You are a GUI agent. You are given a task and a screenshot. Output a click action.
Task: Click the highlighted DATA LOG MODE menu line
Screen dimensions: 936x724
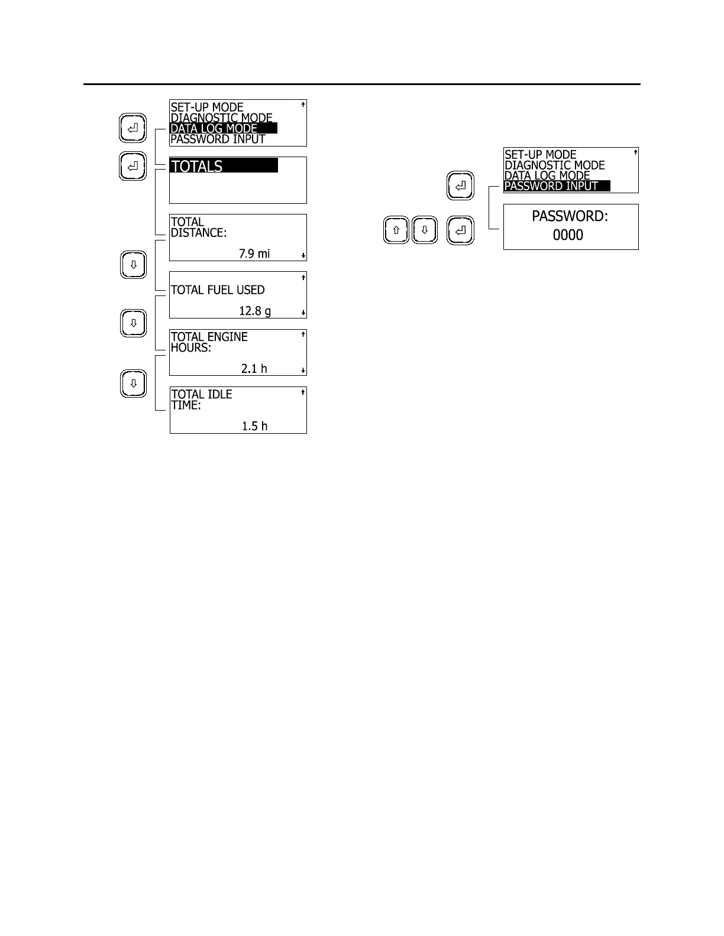pyautogui.click(x=223, y=128)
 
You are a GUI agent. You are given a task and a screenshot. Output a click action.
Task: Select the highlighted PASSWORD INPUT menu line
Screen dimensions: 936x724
pyautogui.click(x=556, y=186)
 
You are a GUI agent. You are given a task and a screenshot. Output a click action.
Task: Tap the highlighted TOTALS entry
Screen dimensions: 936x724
pyautogui.click(x=223, y=166)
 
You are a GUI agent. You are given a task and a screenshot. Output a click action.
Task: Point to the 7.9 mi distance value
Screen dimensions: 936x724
pyautogui.click(x=254, y=253)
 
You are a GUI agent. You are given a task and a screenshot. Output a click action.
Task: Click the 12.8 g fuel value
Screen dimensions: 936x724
pyautogui.click(x=255, y=311)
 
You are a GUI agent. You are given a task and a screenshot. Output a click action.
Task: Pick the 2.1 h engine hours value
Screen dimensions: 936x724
pyautogui.click(x=254, y=369)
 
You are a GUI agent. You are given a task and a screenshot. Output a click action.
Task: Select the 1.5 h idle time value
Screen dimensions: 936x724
pyautogui.click(x=255, y=426)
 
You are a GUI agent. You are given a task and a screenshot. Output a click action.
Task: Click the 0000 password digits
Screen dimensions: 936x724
pyautogui.click(x=568, y=235)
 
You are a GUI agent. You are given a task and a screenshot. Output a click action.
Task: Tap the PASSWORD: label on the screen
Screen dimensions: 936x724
pyautogui.click(x=570, y=216)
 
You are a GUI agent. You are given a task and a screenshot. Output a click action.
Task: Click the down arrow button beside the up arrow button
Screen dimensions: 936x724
pyautogui.click(x=424, y=230)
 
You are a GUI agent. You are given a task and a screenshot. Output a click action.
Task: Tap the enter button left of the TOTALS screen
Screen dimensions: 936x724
pyautogui.click(x=133, y=166)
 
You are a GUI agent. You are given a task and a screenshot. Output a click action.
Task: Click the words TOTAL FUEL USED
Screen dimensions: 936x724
pyautogui.click(x=218, y=290)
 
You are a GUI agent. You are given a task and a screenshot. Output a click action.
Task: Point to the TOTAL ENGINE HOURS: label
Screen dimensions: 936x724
pyautogui.click(x=209, y=342)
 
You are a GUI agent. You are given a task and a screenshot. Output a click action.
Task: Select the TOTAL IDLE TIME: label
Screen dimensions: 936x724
pyautogui.click(x=201, y=399)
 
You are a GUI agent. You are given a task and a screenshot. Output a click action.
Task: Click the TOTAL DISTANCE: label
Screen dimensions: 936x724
pyautogui.click(x=198, y=227)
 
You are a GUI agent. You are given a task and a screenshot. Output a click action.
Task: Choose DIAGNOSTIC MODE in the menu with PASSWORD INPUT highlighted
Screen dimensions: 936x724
pyautogui.click(x=554, y=165)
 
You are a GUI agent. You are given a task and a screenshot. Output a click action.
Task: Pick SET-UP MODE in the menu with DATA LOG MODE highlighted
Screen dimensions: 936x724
pyautogui.click(x=207, y=108)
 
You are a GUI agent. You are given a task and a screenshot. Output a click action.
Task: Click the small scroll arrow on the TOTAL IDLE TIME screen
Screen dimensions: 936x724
pyautogui.click(x=303, y=392)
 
